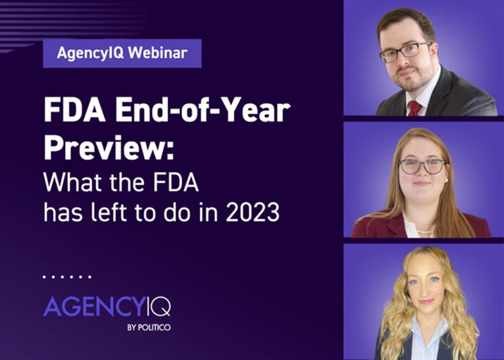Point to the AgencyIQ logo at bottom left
pos(107,306)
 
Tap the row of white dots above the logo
pos(67,276)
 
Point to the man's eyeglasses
pos(405,52)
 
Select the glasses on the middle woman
pos(422,166)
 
